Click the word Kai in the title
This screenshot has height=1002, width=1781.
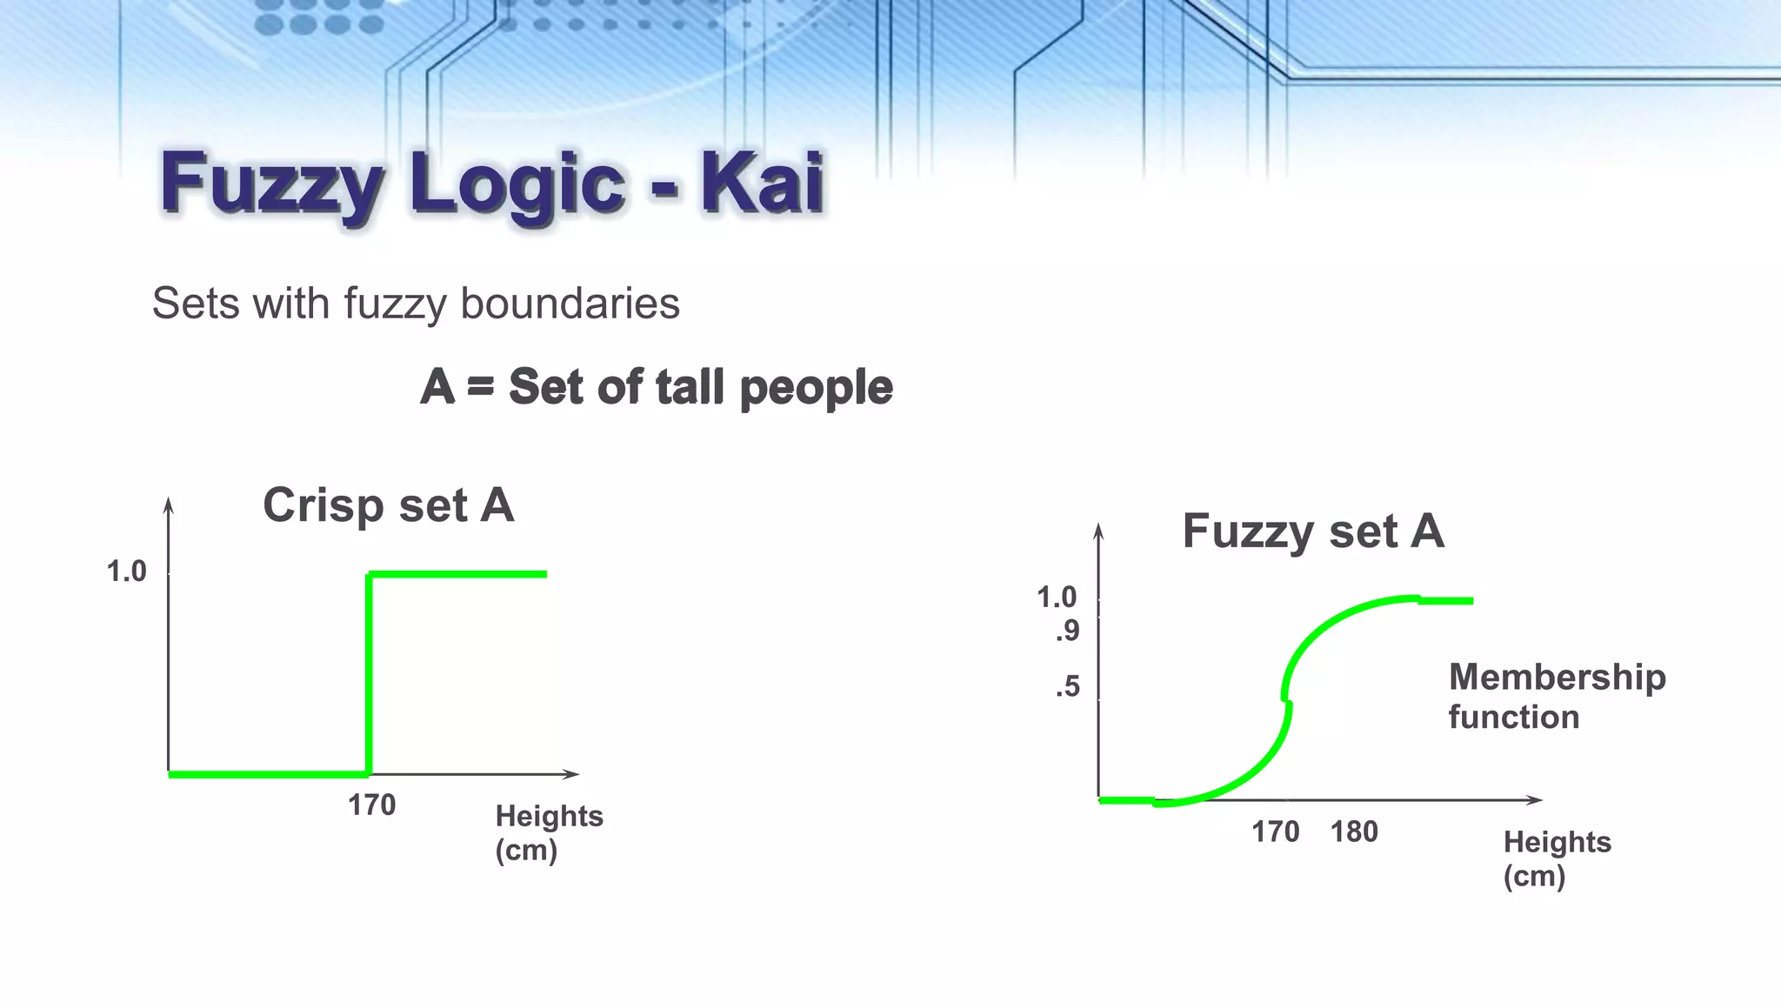point(762,183)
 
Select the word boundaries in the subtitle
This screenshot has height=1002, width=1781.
point(570,304)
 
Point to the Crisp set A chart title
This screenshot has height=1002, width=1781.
point(388,504)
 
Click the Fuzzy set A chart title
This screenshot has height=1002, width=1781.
point(1312,531)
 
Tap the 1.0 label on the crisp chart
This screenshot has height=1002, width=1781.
point(126,571)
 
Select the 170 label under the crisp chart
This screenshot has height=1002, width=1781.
point(371,805)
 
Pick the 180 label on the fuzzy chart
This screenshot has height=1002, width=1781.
point(1354,832)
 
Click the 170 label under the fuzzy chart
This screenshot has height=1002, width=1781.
point(1275,832)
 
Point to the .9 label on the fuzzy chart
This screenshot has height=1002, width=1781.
point(1067,631)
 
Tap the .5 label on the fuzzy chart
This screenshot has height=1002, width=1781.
point(1067,686)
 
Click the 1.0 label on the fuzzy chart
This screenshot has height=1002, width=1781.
point(1057,597)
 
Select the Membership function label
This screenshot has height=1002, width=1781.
point(1556,696)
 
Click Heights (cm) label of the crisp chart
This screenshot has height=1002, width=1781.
point(549,832)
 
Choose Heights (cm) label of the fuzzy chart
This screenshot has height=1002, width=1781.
point(1557,858)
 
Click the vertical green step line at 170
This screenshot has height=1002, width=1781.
point(370,674)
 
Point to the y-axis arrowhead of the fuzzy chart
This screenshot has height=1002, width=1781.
point(1098,530)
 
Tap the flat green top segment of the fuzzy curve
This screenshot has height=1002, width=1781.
point(1445,600)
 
